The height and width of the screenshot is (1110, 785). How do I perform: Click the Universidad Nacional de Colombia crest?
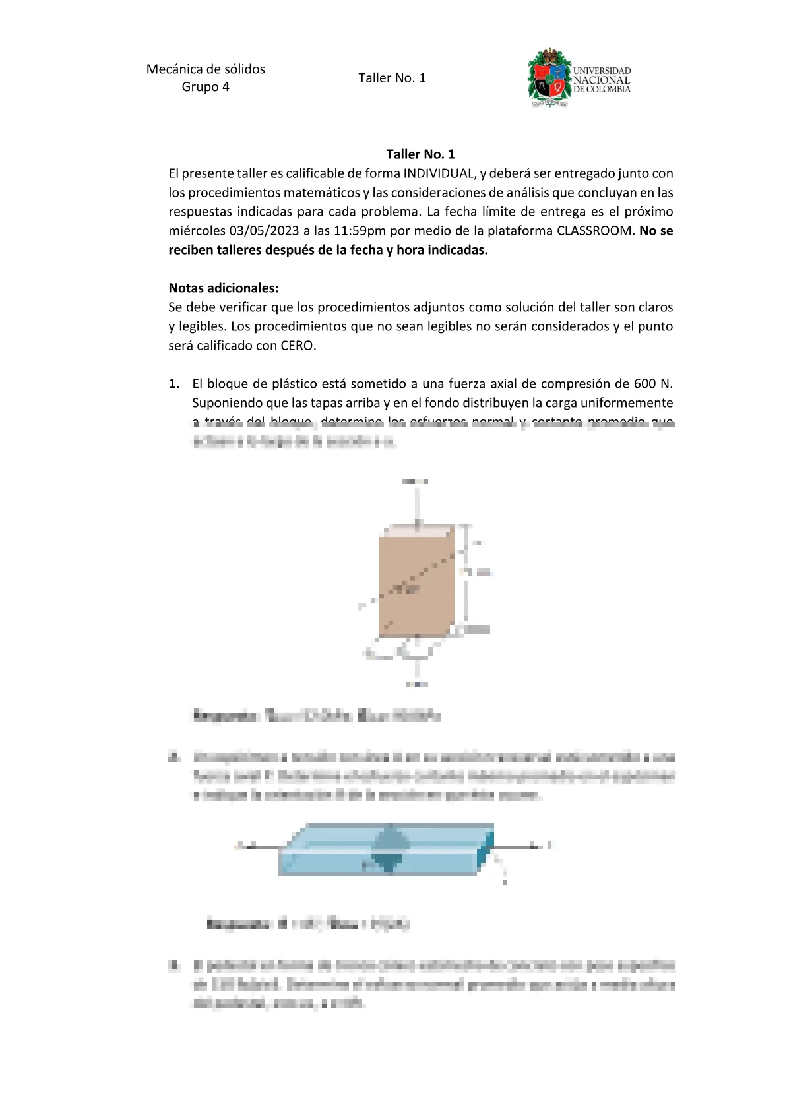pos(549,77)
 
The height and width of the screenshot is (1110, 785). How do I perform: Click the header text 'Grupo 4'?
pos(205,87)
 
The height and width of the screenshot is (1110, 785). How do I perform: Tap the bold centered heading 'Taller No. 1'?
pos(420,154)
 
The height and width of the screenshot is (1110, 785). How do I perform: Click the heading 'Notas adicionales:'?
pos(224,288)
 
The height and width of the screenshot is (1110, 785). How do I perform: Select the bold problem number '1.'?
pos(174,384)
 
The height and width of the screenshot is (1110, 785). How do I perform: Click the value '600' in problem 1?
pos(644,384)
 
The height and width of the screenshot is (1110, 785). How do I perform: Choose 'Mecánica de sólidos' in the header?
pos(206,69)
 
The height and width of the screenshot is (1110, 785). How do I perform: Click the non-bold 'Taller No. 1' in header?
pos(392,78)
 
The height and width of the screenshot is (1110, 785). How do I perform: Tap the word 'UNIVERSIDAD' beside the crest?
pos(602,71)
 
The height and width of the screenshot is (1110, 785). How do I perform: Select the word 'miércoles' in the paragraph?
pos(197,231)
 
